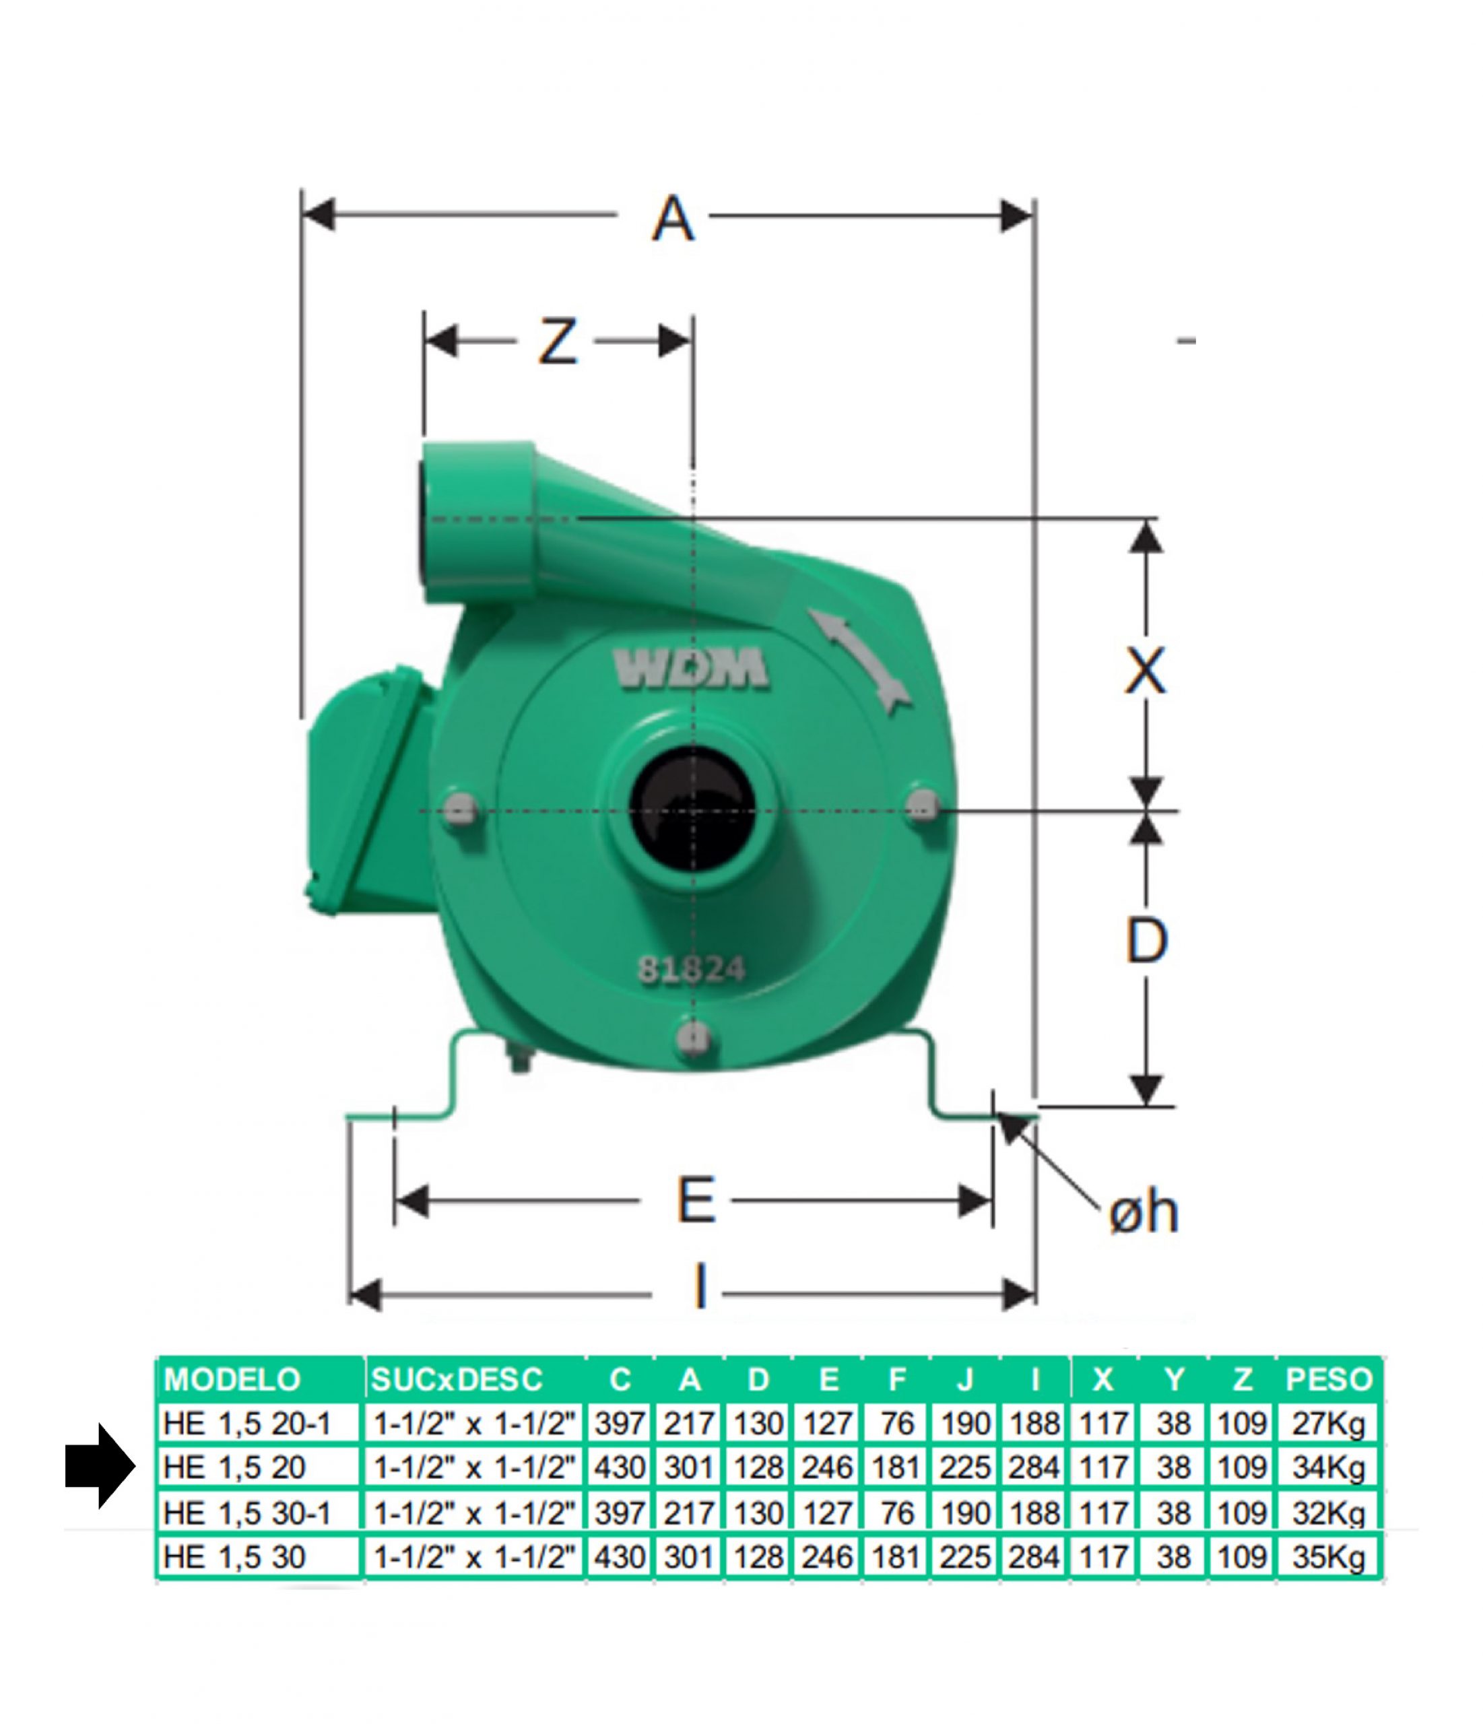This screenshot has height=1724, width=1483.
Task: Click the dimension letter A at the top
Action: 672,219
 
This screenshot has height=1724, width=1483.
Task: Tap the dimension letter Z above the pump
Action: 558,342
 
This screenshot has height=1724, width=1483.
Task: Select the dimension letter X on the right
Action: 1146,671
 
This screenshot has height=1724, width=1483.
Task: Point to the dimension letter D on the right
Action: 1146,940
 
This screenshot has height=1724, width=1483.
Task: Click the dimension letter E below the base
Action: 696,1200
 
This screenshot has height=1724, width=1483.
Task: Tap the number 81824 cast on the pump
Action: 691,968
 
